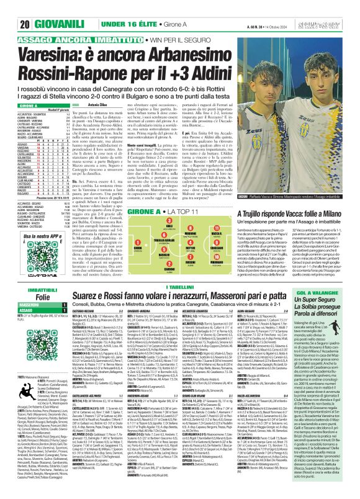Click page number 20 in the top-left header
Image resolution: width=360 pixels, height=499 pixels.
click(9, 7)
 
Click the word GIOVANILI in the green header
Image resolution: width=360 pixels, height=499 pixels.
click(38, 7)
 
